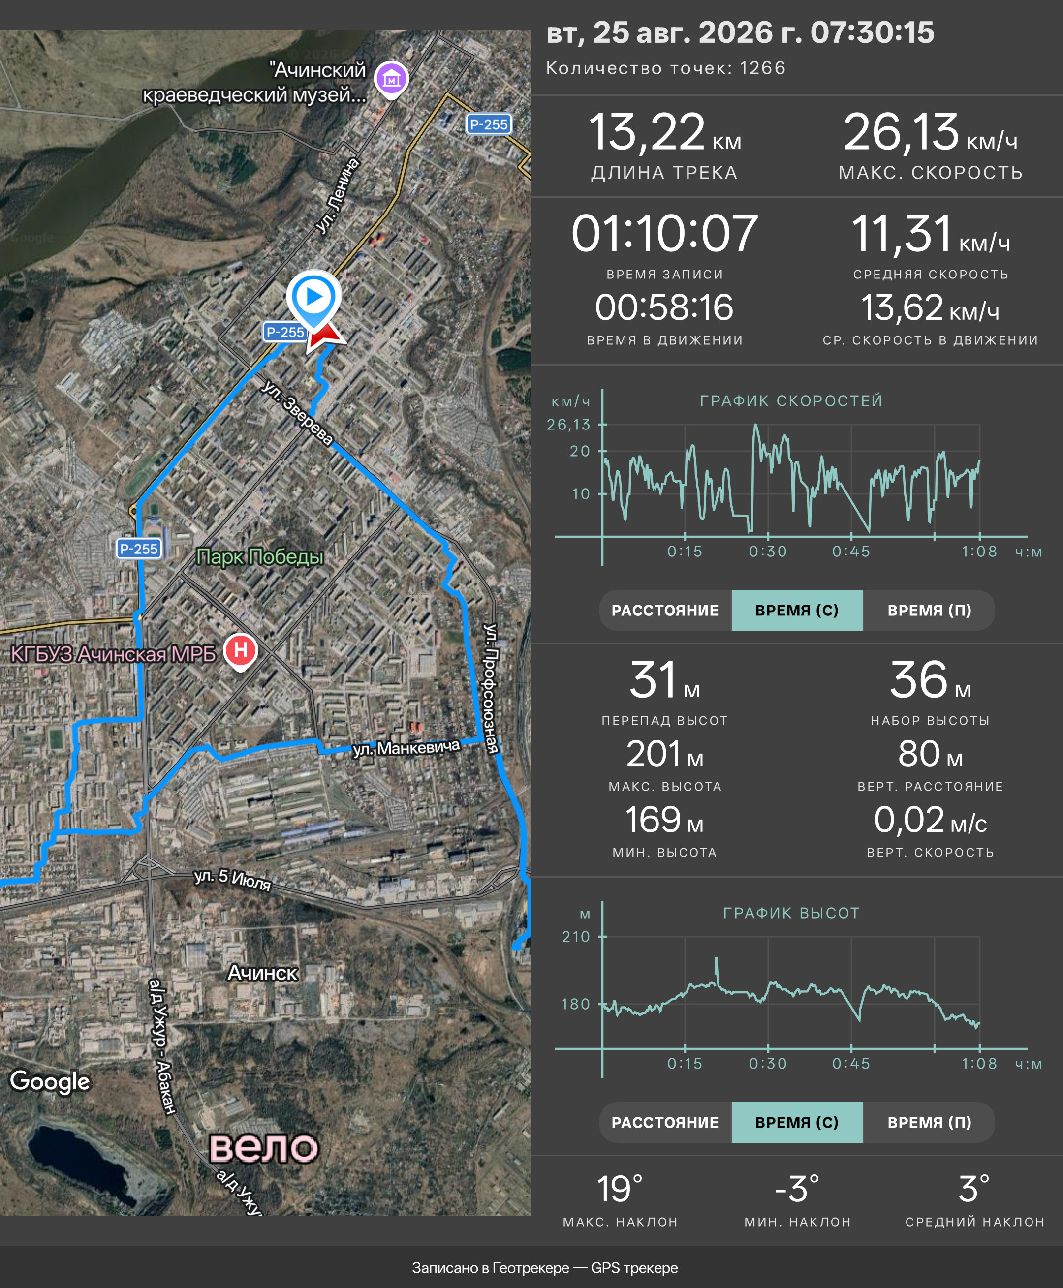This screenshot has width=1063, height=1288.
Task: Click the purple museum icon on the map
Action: pyautogui.click(x=391, y=79)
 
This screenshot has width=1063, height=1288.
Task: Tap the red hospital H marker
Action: pyautogui.click(x=240, y=651)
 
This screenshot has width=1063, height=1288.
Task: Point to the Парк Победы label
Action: pyautogui.click(x=260, y=556)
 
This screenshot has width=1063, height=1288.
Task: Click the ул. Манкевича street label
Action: pyautogui.click(x=406, y=748)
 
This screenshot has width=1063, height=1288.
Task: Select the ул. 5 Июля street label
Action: pyautogui.click(x=232, y=879)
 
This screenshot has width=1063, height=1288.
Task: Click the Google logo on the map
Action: pyautogui.click(x=50, y=1082)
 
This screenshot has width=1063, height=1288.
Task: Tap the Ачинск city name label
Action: pyautogui.click(x=262, y=973)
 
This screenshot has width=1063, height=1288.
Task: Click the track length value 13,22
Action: pyautogui.click(x=647, y=132)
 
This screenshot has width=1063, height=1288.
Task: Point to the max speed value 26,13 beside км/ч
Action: pyautogui.click(x=901, y=132)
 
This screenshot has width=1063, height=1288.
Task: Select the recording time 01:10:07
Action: pyautogui.click(x=664, y=234)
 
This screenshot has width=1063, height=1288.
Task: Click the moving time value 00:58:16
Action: pyautogui.click(x=664, y=307)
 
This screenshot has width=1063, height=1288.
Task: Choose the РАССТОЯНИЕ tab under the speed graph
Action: pyautogui.click(x=665, y=611)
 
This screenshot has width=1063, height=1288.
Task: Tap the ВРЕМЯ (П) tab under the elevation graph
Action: pyautogui.click(x=929, y=1122)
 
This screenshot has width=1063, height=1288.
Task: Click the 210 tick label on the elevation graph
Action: pyautogui.click(x=576, y=937)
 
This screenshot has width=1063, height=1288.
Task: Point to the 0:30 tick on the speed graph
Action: pyautogui.click(x=768, y=552)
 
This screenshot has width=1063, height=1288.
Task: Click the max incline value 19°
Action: pyautogui.click(x=620, y=1189)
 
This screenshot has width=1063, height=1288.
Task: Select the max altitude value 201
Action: pyautogui.click(x=654, y=754)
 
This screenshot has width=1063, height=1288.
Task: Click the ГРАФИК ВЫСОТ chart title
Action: pyautogui.click(x=791, y=913)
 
